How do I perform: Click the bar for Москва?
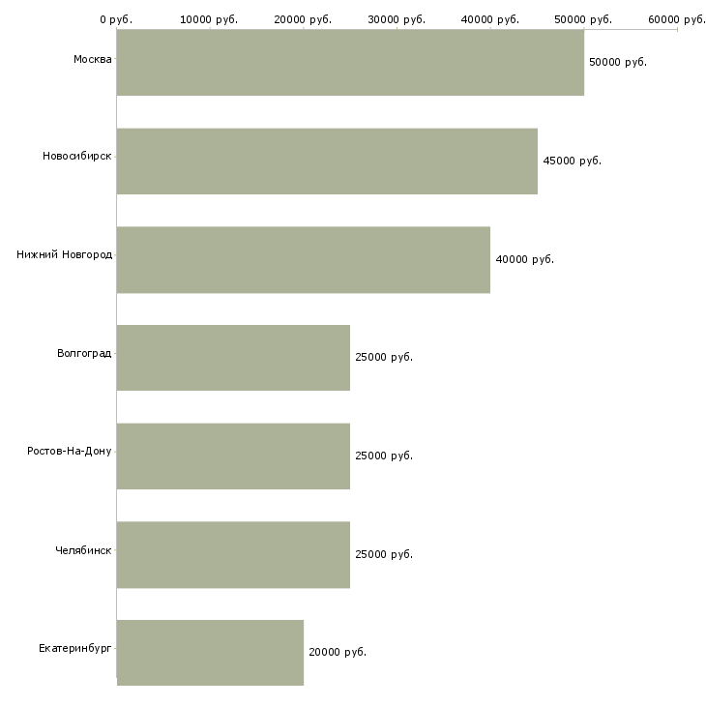point(350,63)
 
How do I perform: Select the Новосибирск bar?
point(327,162)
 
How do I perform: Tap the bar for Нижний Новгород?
point(304,260)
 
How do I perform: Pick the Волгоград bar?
point(233,358)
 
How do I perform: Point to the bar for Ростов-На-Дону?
point(233,456)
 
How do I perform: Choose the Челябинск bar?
point(233,555)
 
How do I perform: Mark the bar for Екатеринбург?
point(210,653)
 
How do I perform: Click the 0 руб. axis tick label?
point(116,19)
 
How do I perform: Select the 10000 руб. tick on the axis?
point(209,19)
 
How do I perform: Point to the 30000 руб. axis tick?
point(397,19)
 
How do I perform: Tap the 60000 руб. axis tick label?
point(677,19)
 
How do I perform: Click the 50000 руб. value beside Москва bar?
point(617,62)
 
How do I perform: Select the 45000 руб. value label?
point(572,161)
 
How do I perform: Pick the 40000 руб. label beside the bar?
point(524,259)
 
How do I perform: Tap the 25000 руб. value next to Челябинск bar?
point(383,554)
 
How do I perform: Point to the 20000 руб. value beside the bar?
point(337,652)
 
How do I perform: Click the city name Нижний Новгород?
point(64,255)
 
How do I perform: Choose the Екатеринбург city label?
point(75,648)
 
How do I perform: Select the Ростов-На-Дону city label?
point(70,452)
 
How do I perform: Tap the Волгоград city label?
point(84,353)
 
